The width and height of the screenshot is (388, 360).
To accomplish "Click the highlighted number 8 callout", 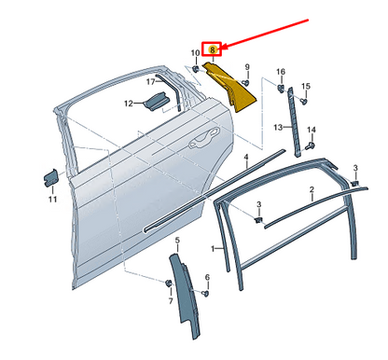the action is [213, 49].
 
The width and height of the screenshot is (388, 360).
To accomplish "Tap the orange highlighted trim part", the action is [230, 86].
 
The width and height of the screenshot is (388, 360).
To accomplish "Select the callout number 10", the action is [195, 53].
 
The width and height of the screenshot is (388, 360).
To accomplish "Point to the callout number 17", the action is [151, 82].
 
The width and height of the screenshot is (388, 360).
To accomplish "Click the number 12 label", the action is [129, 104].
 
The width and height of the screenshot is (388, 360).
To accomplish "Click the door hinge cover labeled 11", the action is [50, 178].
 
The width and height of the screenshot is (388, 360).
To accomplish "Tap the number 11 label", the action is [52, 199].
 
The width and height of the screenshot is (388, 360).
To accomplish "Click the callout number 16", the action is [281, 72].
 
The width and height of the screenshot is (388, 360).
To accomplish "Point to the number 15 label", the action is [306, 86].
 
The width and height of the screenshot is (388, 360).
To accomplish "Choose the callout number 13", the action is [278, 127].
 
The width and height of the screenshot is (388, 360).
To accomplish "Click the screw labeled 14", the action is [311, 145].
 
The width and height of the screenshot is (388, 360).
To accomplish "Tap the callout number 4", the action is [246, 157].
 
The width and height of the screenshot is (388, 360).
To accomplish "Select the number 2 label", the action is [312, 189].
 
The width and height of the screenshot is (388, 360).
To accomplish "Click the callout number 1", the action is [213, 249].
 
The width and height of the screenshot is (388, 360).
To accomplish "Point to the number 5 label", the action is [177, 240].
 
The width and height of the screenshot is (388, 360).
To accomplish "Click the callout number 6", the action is [207, 277].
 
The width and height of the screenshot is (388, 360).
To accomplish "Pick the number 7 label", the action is [171, 301].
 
